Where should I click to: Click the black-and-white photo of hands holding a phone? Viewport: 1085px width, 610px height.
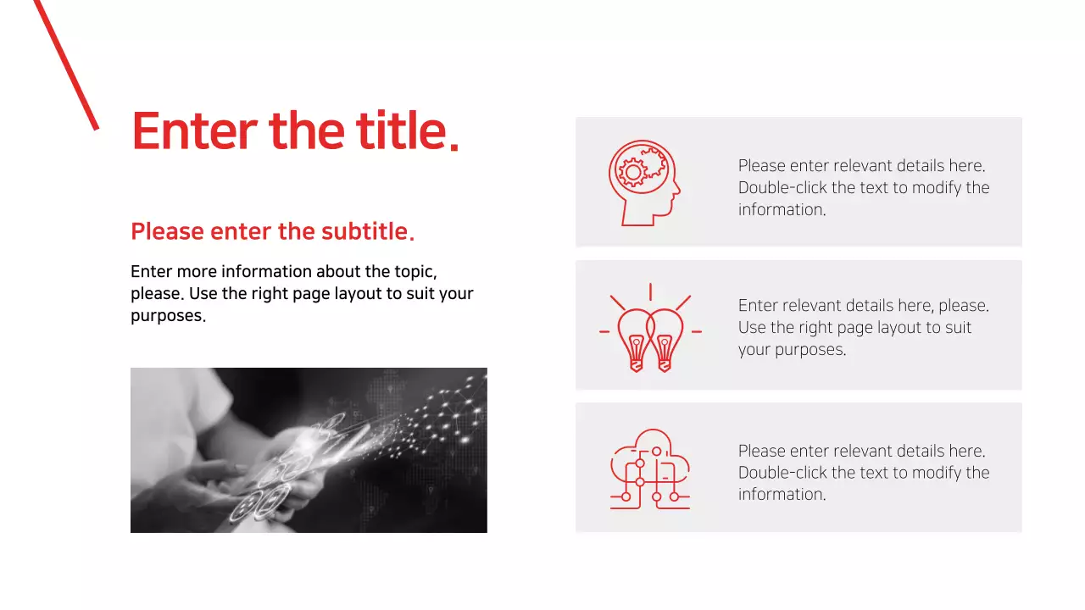pyautogui.click(x=309, y=450)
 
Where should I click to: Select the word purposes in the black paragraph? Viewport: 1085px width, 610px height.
pyautogui.click(x=167, y=316)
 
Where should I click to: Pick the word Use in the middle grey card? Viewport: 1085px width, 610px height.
pyautogui.click(x=752, y=328)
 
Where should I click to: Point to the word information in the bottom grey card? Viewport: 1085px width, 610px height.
pyautogui.click(x=780, y=495)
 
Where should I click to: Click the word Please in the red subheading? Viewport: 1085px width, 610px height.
pyautogui.click(x=167, y=231)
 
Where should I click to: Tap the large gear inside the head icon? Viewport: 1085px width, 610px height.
pyautogui.click(x=632, y=173)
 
